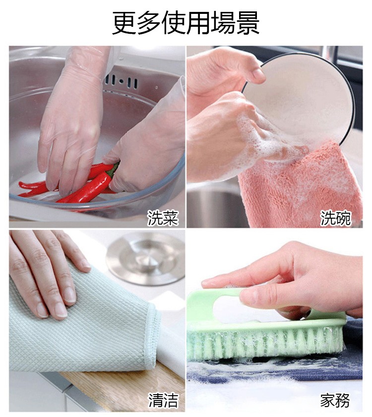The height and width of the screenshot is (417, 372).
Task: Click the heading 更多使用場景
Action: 186,23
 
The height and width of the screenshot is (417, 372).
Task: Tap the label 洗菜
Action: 162,217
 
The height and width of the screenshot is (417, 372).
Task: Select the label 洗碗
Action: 336,217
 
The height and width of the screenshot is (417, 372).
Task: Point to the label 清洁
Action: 163,400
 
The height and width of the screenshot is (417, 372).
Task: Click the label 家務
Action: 335,400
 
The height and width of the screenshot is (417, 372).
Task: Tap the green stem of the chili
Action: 114,169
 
